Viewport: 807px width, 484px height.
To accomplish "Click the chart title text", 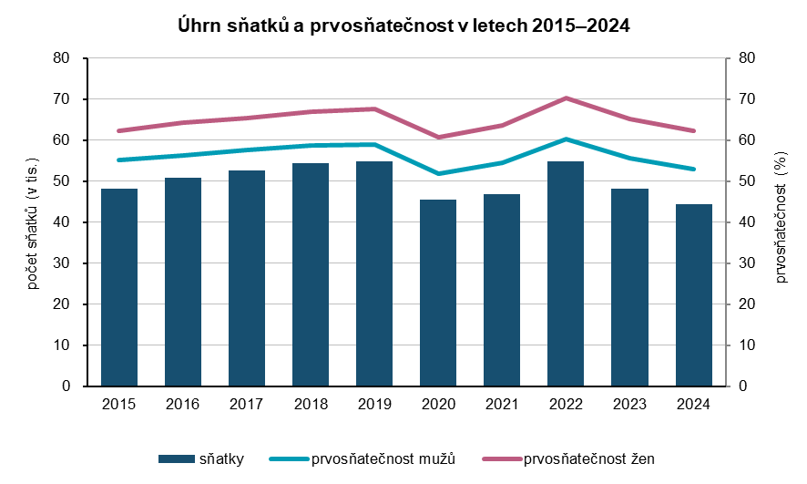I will [403, 26].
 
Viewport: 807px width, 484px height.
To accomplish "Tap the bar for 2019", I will [374, 273].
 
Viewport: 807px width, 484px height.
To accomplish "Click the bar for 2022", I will [566, 273].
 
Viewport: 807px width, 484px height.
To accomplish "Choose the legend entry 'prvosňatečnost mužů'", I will [383, 458].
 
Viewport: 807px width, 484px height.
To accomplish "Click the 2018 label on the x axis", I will [311, 402].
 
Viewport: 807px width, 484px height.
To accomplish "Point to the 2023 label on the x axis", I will [630, 402].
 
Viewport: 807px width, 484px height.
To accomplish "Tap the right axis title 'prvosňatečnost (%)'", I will [781, 221].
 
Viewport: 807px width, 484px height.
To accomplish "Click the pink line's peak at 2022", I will [566, 98].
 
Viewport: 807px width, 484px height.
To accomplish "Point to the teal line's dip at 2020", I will [438, 173].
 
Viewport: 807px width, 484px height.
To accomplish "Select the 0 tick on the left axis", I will [66, 386].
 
